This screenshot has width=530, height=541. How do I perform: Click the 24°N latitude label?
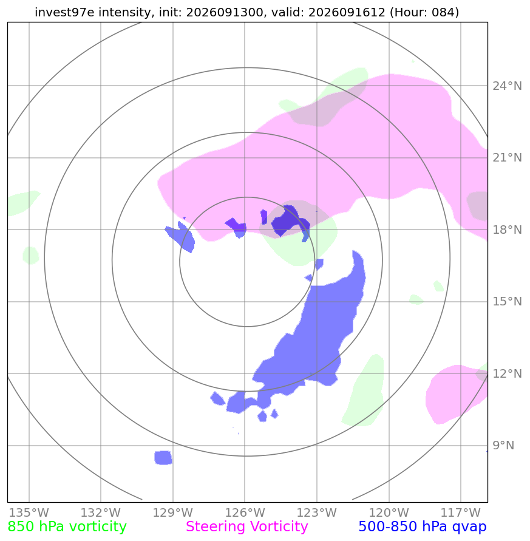coord(507,86)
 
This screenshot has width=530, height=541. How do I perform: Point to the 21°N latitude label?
coord(507,158)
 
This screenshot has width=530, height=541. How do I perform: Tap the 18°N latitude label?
coord(507,230)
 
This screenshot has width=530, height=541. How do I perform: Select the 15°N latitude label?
coord(507,302)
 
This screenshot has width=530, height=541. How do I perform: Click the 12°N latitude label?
coord(507,373)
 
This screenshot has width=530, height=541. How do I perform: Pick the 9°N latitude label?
coord(503,446)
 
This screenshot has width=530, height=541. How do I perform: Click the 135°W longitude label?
coord(29,512)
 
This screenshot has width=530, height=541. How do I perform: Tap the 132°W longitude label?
coord(101,512)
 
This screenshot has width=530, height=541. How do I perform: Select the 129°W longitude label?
coord(173,512)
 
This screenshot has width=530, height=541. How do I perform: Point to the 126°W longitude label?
coord(245,512)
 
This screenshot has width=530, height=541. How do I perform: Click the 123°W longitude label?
coord(317,512)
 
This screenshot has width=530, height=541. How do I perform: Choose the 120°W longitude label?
coord(389,512)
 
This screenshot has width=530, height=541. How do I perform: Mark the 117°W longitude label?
coord(461,512)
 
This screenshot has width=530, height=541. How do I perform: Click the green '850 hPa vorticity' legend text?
coord(67,527)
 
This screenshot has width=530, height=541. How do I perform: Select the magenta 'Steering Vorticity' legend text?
coord(246,527)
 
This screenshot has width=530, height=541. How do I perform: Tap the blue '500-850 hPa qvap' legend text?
coord(423,527)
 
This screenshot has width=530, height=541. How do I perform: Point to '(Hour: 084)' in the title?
coord(424,12)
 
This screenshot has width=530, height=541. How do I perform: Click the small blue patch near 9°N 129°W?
coord(163,457)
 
